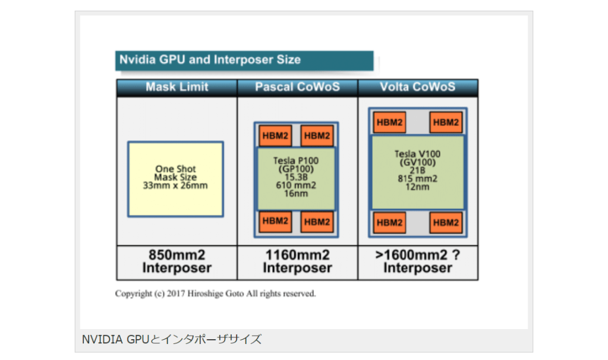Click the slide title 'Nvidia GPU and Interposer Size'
pos(210,60)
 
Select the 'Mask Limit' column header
pos(177,87)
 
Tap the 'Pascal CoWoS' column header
pos(297,87)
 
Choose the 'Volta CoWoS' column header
pos(417,87)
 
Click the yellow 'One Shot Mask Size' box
pos(176,178)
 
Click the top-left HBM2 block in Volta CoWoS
pos(390,123)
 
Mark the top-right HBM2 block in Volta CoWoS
pos(446,123)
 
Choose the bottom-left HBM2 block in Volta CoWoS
pos(390,223)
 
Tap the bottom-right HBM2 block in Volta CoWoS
pos(446,223)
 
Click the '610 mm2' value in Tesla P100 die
pos(296,185)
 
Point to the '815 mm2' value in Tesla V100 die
pos(417,179)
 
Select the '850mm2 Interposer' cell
pos(177,262)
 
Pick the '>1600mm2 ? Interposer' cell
pos(417,262)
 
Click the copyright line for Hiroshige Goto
pos(216,294)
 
